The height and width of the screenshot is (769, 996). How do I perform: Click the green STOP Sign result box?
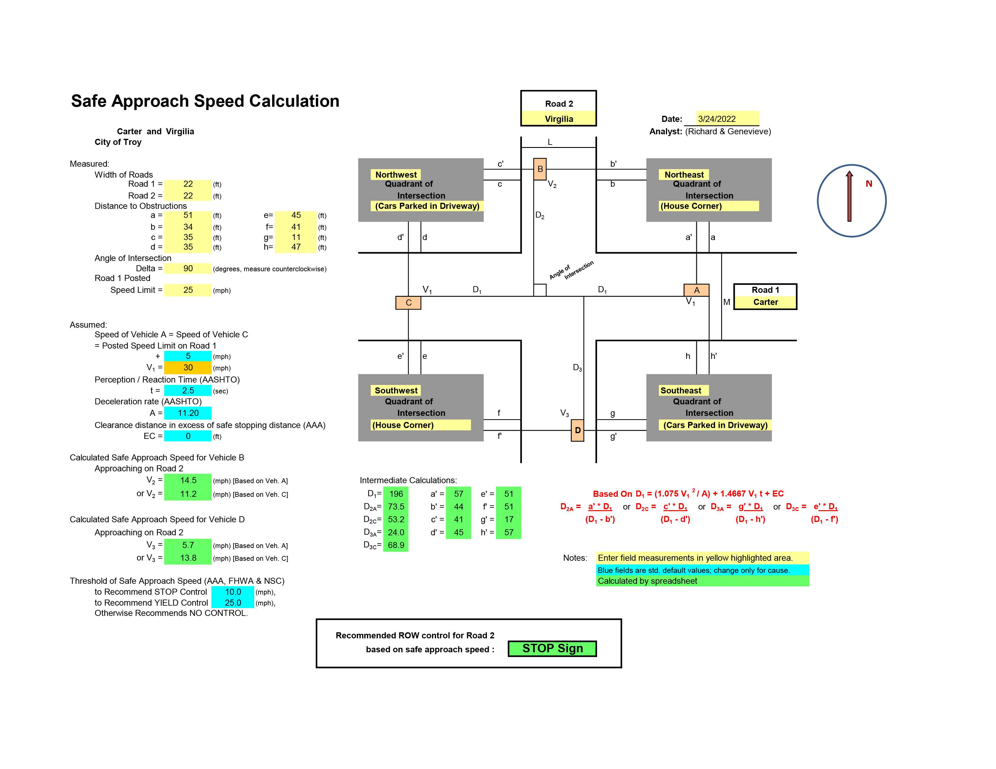coord(552,648)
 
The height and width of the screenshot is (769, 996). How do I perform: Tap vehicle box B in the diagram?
coord(540,169)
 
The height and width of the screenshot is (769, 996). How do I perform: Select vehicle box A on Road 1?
coord(696,290)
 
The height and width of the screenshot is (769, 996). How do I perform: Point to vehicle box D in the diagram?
coord(577,430)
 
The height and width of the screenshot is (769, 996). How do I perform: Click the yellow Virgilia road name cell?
coord(559,119)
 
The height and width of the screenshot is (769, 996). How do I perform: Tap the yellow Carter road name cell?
coord(765,302)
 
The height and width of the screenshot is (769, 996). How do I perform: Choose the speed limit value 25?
coord(188,290)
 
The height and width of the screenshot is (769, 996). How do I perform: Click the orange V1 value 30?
coord(188,368)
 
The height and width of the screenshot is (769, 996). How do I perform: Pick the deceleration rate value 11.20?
coord(188,413)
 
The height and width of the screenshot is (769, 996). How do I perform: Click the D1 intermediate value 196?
coord(396,494)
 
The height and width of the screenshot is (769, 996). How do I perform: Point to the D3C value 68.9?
coord(396,545)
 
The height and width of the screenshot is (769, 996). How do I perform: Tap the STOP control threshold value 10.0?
coord(233,592)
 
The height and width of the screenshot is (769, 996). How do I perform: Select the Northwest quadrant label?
coord(396,175)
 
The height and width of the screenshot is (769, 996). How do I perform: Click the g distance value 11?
coord(296,237)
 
